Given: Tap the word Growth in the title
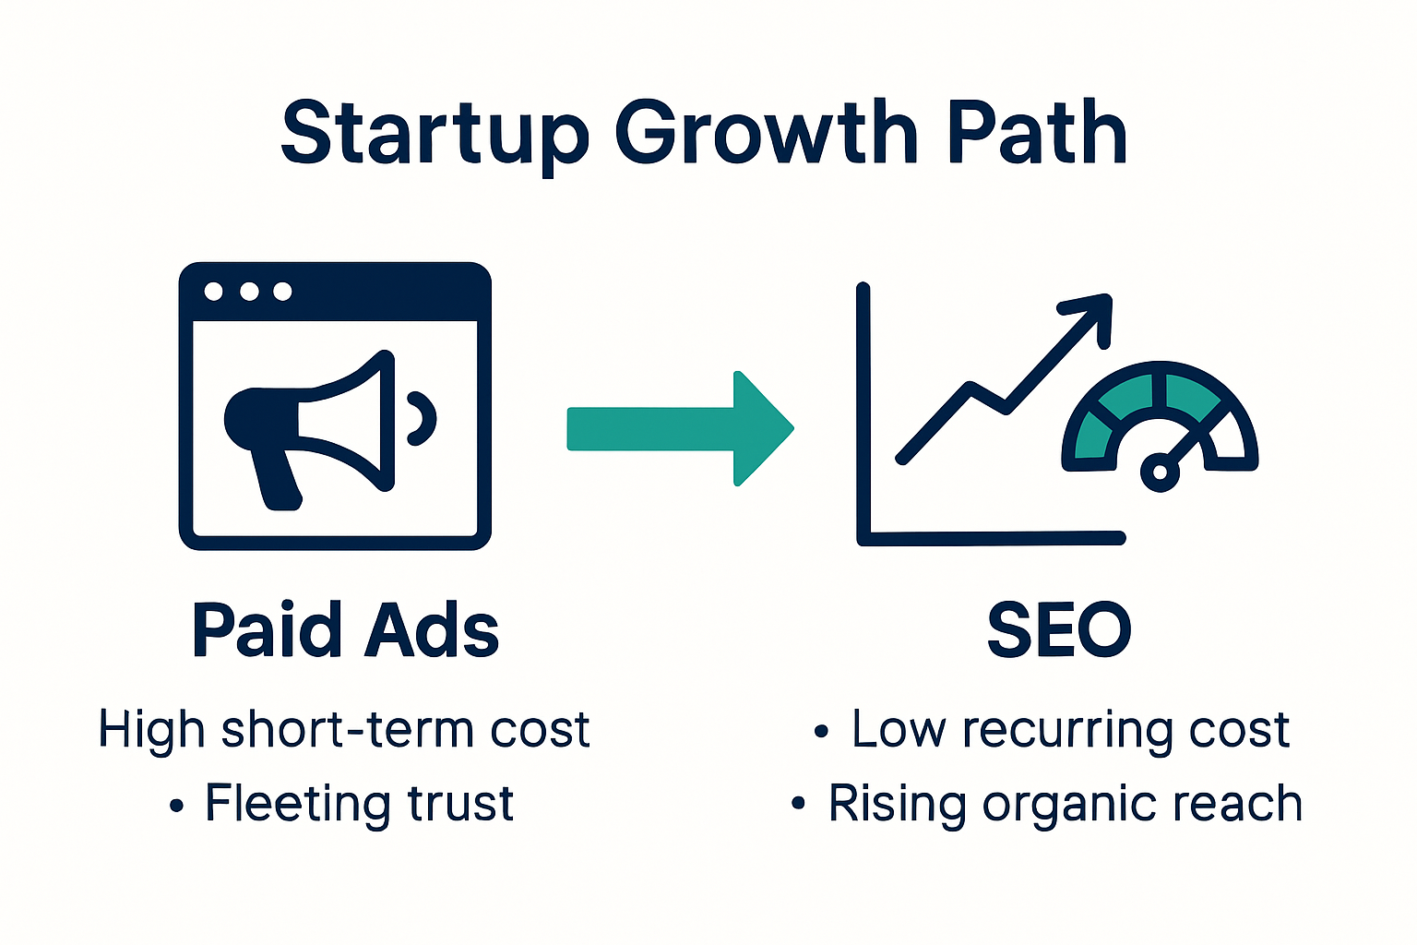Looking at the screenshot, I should point(766,134).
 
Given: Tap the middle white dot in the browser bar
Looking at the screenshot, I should point(248,292).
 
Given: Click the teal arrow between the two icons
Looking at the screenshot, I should point(680,428).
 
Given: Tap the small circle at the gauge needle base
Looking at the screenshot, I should point(1160,472).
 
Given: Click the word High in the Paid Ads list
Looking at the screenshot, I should point(151,730).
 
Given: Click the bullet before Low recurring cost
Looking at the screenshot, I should point(821,733).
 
